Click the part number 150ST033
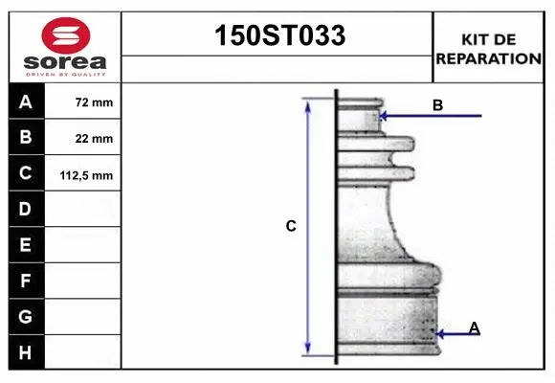(x=277, y=36)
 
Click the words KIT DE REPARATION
(x=489, y=48)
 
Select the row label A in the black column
(x=25, y=101)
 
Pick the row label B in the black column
(x=25, y=137)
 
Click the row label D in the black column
(x=25, y=209)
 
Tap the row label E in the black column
(x=25, y=245)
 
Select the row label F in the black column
(x=25, y=281)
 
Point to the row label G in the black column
(x=25, y=316)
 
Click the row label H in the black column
(x=25, y=352)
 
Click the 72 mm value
(x=94, y=101)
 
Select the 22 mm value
(x=94, y=138)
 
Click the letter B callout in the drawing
(x=437, y=105)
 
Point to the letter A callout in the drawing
(x=475, y=328)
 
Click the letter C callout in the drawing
(x=291, y=227)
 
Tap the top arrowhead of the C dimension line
(x=308, y=104)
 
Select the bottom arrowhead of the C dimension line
(x=308, y=349)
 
